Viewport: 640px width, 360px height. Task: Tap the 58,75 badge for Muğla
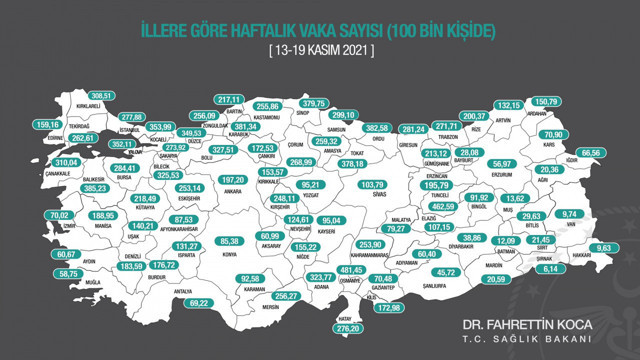coord(69,274)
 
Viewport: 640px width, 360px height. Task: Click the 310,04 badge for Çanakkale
coord(39,162)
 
